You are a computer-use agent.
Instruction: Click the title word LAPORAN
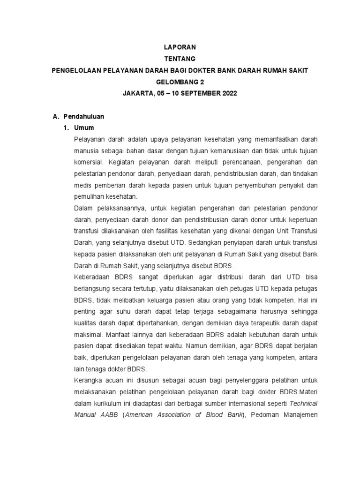click(180, 47)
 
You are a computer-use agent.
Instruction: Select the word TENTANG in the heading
click(180, 59)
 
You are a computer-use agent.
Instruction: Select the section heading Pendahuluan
click(85, 116)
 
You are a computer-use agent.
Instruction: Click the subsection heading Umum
click(87, 127)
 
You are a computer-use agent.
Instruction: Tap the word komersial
click(89, 162)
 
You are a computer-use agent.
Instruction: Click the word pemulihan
click(89, 196)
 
